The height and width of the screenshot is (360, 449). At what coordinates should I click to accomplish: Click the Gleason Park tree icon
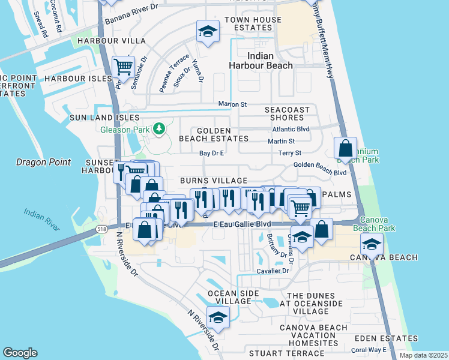[159, 128]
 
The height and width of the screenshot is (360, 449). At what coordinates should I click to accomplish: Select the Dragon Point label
[43, 162]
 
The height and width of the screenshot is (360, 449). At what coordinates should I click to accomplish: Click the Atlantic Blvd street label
[291, 129]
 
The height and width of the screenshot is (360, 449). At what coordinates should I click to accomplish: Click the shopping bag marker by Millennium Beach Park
[346, 148]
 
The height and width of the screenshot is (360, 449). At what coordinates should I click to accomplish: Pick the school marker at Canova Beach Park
[372, 244]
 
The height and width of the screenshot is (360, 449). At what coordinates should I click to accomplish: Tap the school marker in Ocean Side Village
[218, 316]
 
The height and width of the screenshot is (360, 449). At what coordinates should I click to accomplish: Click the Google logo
[20, 353]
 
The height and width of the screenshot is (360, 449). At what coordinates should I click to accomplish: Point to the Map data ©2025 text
[423, 355]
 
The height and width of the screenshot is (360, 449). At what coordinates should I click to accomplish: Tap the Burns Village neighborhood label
[214, 181]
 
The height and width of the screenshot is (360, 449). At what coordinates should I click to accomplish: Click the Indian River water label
[42, 220]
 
